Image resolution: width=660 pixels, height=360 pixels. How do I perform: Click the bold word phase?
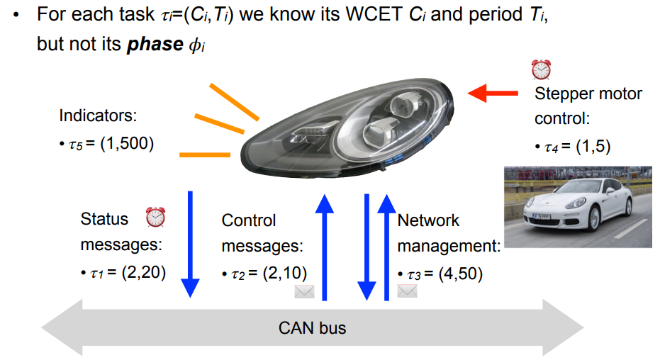pos(150,43)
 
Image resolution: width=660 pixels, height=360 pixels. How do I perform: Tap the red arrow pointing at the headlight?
pos(493,92)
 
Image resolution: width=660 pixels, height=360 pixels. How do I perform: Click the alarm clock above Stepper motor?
pos(541,69)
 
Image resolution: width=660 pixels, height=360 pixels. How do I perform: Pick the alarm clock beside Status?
pos(155,218)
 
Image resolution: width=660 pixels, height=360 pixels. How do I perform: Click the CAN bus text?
pos(313,328)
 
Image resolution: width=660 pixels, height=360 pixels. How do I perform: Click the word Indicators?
pos(98,115)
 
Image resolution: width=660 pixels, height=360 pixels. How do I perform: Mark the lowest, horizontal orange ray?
pos(205,154)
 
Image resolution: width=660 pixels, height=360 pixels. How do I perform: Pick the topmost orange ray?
pos(233,101)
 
